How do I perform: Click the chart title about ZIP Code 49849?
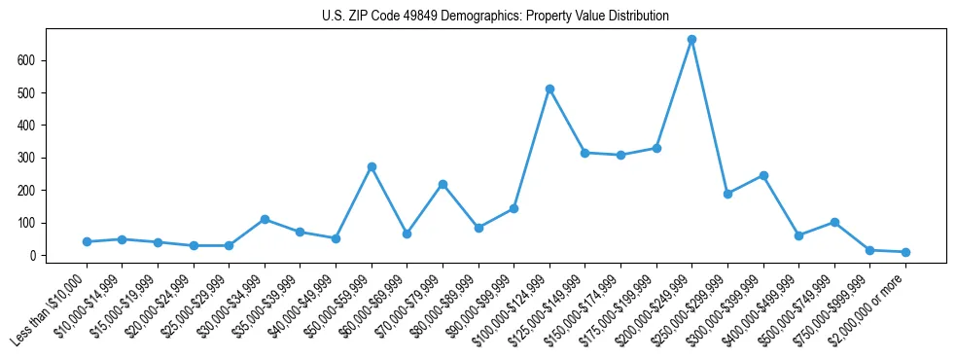495,17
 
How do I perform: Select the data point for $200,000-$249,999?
691,40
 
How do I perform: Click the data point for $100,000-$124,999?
549,89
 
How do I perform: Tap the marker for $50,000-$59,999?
372,167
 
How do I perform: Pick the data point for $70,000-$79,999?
443,184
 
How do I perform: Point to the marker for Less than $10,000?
87,241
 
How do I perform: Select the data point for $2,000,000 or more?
905,252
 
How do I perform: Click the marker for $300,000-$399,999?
763,175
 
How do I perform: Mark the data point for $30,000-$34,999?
265,219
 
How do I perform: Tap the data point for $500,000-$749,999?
834,222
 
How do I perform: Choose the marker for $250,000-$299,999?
727,194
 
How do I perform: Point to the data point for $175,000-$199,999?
656,148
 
